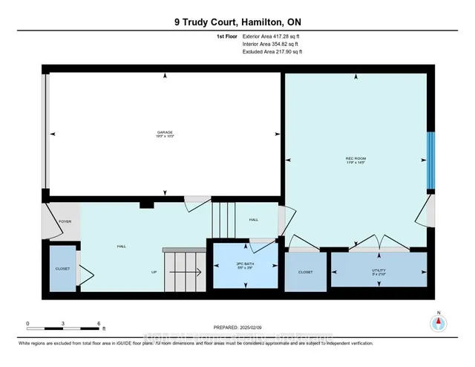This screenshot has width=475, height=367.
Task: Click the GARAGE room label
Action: (165, 132)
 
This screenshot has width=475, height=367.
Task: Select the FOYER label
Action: (65, 221)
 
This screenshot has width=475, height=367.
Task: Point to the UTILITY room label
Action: (379, 271)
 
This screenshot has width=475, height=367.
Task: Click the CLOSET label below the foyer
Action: (62, 268)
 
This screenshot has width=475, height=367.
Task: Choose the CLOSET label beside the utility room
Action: (306, 272)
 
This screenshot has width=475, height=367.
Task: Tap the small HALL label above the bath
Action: (253, 220)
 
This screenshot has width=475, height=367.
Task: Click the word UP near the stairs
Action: (154, 272)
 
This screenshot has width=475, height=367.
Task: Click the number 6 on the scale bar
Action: (99, 324)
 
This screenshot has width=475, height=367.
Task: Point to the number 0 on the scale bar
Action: (27, 324)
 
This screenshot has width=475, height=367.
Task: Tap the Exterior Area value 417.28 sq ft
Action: (284, 36)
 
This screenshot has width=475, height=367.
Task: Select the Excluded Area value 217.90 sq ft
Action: (285, 52)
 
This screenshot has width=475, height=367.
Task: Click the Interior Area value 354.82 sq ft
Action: (284, 44)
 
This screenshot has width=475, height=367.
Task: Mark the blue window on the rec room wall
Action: (430, 162)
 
